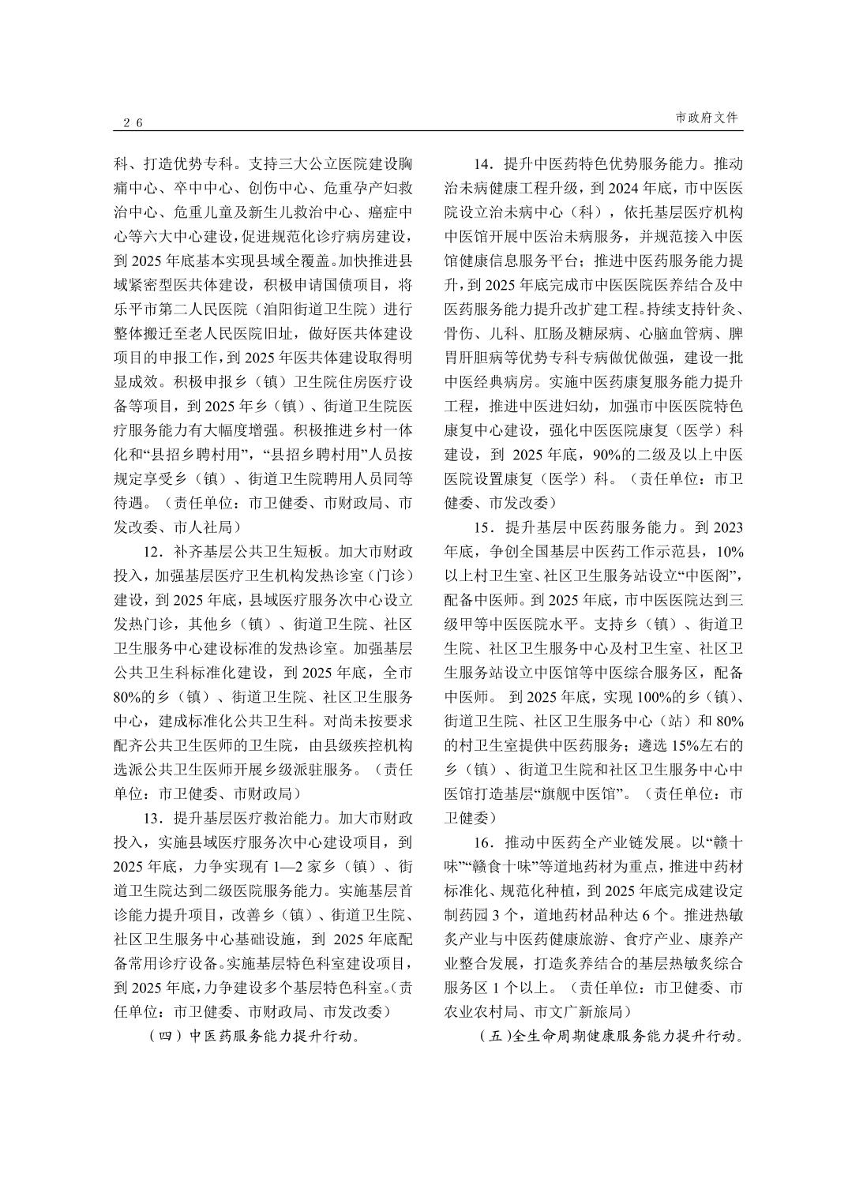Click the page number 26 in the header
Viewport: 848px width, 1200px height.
(x=132, y=122)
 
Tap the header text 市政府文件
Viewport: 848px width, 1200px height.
(x=707, y=118)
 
